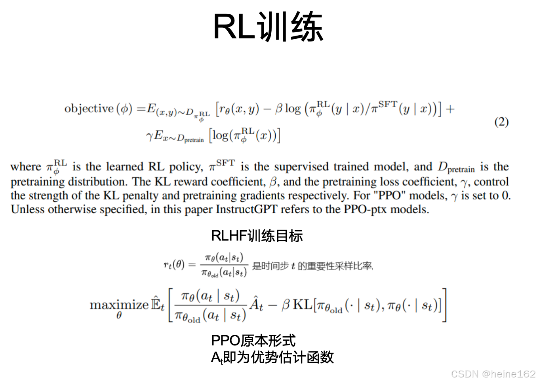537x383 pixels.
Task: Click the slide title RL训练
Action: click(x=268, y=27)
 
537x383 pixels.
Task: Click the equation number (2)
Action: click(x=501, y=122)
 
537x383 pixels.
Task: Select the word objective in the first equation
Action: click(x=89, y=108)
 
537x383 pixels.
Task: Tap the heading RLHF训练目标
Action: click(x=257, y=236)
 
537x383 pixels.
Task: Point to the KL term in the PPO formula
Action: click(x=303, y=305)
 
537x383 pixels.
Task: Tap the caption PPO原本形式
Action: click(x=253, y=340)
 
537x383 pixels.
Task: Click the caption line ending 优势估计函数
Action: click(x=272, y=357)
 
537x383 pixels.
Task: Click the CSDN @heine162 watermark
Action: click(x=493, y=374)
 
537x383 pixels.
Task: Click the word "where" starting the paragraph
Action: click(x=26, y=167)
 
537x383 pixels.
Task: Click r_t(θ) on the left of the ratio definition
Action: click(x=174, y=264)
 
